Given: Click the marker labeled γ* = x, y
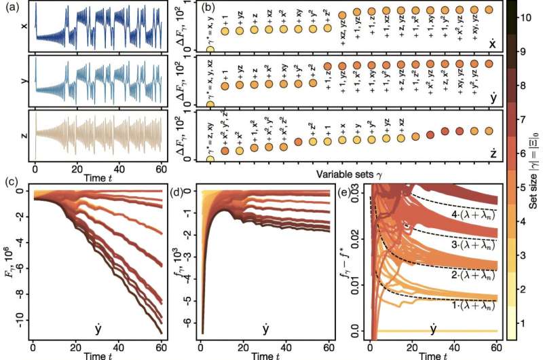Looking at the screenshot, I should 210,50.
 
